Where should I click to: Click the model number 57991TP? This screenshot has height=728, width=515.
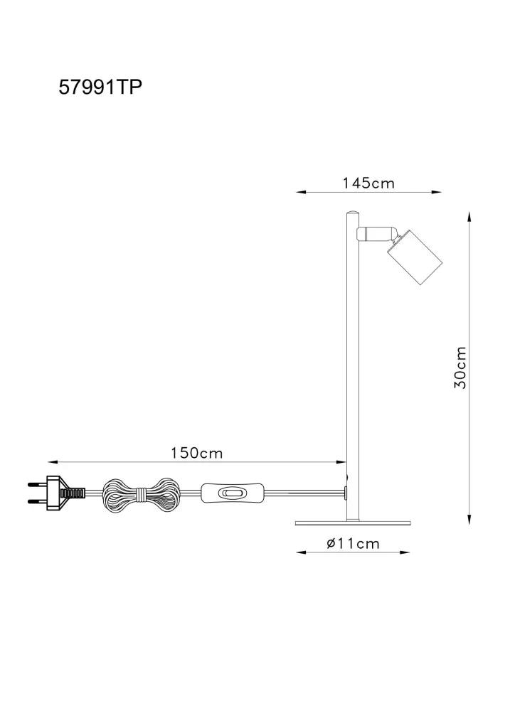pos(100,87)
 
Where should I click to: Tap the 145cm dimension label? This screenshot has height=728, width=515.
pos(368,183)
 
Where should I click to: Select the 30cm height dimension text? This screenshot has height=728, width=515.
pos(460,368)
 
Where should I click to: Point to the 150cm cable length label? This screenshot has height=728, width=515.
pos(197,453)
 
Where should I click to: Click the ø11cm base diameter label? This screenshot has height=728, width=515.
pos(353,543)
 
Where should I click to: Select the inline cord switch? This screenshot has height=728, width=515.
pos(233,493)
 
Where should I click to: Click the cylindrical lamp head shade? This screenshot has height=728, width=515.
pos(415,256)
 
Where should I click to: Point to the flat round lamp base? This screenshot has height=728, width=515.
pos(353,523)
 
